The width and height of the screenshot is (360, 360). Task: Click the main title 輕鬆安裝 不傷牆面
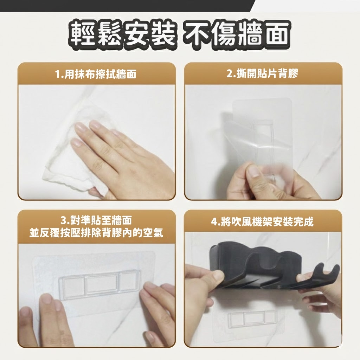[180, 35]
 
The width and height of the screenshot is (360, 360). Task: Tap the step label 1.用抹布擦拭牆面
[96, 74]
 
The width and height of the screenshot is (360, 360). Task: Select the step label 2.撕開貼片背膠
[262, 74]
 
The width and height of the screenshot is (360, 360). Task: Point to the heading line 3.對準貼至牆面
[96, 220]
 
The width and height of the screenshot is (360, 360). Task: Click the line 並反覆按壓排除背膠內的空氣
[96, 233]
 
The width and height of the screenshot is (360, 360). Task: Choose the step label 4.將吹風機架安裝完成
[262, 222]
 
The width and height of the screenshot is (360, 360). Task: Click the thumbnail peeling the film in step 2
[252, 171]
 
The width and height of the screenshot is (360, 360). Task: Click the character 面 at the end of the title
[276, 35]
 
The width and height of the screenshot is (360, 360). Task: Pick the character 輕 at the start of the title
[83, 35]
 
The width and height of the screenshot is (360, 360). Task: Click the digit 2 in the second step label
[229, 74]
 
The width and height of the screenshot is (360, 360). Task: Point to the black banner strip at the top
[126, 6]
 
